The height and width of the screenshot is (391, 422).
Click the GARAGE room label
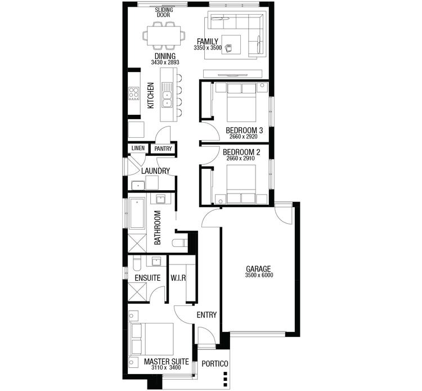point(258,268)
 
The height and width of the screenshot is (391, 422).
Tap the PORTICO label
point(215,364)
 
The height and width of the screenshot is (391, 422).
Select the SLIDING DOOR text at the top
point(164,12)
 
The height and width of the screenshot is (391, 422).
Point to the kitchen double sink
point(167,95)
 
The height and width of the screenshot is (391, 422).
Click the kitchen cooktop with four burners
point(134,93)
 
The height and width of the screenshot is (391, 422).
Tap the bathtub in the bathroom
point(137,213)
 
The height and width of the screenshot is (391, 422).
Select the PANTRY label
point(163,149)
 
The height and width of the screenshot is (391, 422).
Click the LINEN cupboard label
point(138,149)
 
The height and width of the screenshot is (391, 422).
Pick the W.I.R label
point(178,278)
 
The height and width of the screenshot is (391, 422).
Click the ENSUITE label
point(147,278)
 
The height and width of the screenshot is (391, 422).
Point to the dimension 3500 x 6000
point(258,275)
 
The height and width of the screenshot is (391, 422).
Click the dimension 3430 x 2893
point(164,62)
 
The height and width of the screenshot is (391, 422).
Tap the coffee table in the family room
point(231,44)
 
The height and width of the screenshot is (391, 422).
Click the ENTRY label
point(206,315)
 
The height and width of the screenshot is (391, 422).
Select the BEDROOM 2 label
point(241,152)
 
